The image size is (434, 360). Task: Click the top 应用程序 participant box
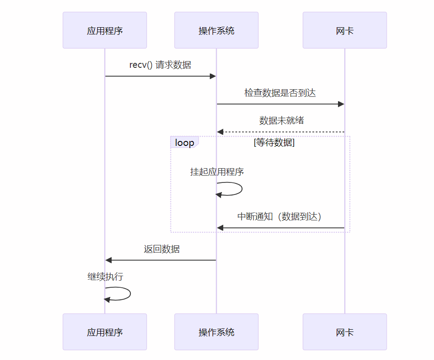coord(104,30)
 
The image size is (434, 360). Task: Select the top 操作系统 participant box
coord(216,30)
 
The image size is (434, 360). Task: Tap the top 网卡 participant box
coord(344,30)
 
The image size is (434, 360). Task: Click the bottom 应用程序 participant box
coord(104,332)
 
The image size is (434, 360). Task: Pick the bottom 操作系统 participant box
coord(216,332)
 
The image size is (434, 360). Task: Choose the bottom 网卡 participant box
coord(344,332)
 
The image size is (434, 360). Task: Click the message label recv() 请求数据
coord(160,65)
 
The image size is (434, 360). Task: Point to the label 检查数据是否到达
coord(280,93)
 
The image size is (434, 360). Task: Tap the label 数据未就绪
coord(281,120)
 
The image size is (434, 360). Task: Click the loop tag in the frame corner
coord(184,143)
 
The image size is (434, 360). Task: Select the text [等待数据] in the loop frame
coord(274,143)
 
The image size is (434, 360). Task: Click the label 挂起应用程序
coord(217,172)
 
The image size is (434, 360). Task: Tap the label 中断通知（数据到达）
coord(280,216)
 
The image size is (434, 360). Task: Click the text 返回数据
coord(162,249)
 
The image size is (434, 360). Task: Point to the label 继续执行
coord(105,277)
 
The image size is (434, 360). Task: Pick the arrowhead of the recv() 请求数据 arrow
coord(213,76)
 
